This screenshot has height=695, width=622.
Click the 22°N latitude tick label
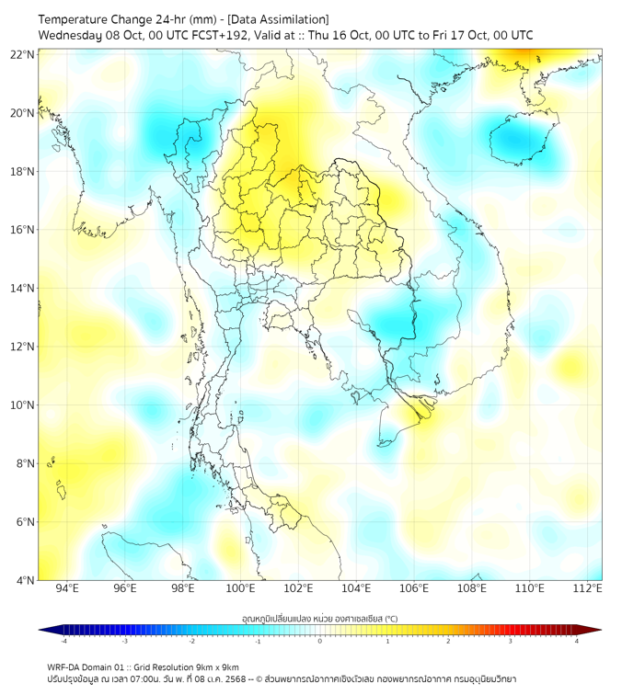coord(23,54)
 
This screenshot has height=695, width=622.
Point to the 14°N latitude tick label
coord(23,289)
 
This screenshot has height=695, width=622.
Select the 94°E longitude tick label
coord(67,588)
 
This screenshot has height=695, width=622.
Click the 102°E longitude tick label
coord(299,588)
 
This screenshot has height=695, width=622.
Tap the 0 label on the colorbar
coord(320,641)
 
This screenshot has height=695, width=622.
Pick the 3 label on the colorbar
coord(512,641)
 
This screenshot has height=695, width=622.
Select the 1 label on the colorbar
coord(387,641)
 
